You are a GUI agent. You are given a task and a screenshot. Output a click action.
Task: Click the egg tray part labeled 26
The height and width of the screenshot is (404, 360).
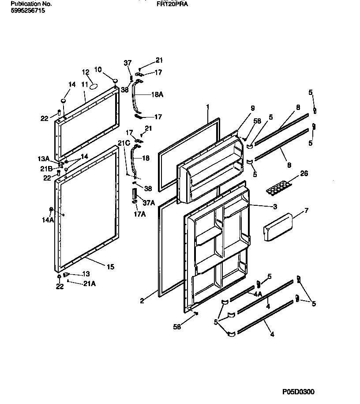pyautogui.click(x=276, y=189)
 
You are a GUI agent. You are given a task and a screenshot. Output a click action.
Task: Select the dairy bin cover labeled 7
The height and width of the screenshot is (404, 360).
pyautogui.click(x=277, y=227)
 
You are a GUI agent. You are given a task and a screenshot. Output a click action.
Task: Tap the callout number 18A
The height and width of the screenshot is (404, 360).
pyautogui.click(x=157, y=94)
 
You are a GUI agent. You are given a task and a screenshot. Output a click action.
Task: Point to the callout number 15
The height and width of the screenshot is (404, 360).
pyautogui.click(x=110, y=266)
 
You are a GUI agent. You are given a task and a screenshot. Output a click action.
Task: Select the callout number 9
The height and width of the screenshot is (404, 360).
pyautogui.click(x=252, y=108)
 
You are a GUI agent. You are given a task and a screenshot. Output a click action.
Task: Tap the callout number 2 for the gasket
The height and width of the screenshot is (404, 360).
pyautogui.click(x=142, y=301)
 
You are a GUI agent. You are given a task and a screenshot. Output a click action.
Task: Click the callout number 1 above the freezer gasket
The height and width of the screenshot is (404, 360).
pyautogui.click(x=207, y=107)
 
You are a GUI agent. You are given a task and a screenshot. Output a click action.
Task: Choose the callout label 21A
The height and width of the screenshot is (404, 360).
pyautogui.click(x=89, y=283)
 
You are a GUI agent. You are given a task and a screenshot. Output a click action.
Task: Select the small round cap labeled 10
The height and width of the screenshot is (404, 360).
pyautogui.click(x=115, y=80)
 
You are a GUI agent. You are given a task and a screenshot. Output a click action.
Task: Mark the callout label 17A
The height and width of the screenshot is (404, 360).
pyautogui.click(x=139, y=214)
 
